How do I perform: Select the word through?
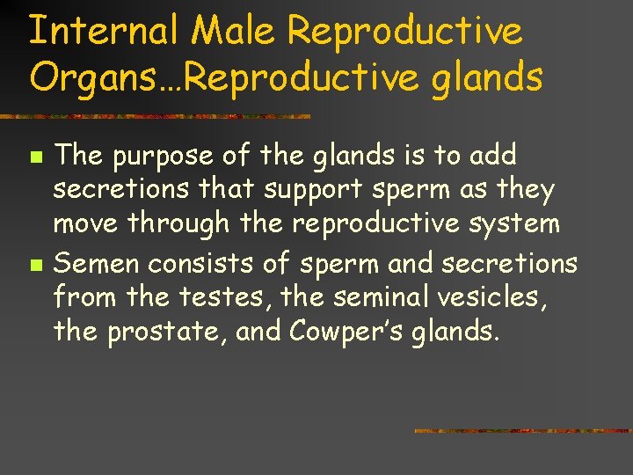pyautogui.click(x=180, y=224)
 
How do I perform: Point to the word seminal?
pyautogui.click(x=376, y=296)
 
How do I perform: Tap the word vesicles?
pyautogui.click(x=493, y=296)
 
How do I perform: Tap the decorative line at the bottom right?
pyautogui.click(x=522, y=431)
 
